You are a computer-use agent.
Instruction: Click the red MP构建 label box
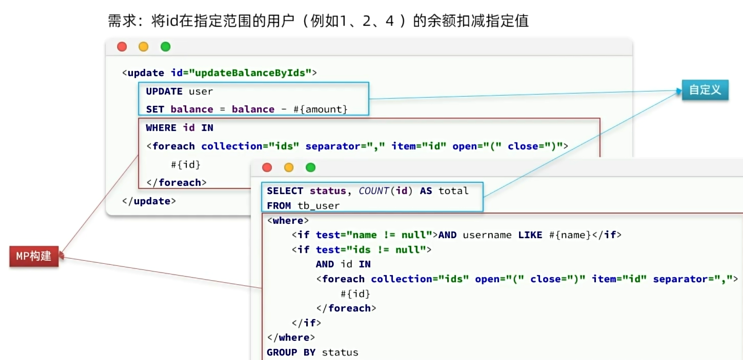[34, 256]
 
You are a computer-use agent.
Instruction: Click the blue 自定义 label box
[705, 90]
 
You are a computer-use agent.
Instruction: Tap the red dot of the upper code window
[122, 46]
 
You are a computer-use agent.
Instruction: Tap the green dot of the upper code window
[165, 46]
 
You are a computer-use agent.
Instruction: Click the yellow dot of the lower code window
[289, 168]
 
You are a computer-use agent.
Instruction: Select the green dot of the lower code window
[311, 168]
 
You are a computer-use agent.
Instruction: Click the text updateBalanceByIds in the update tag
[250, 73]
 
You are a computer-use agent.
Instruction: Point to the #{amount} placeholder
[320, 109]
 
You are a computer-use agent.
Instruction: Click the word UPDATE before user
[164, 91]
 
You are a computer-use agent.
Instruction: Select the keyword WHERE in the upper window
[161, 128]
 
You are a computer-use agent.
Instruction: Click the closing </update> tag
[149, 201]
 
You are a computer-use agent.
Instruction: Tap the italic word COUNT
[374, 191]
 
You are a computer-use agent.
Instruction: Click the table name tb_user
[319, 206]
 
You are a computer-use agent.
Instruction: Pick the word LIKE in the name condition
[530, 235]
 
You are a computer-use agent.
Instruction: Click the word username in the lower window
[487, 235]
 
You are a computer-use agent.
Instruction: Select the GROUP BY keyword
[291, 352]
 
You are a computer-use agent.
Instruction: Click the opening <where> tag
[288, 221]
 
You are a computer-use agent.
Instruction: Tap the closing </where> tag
[291, 338]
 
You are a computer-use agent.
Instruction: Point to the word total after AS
[453, 191]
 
